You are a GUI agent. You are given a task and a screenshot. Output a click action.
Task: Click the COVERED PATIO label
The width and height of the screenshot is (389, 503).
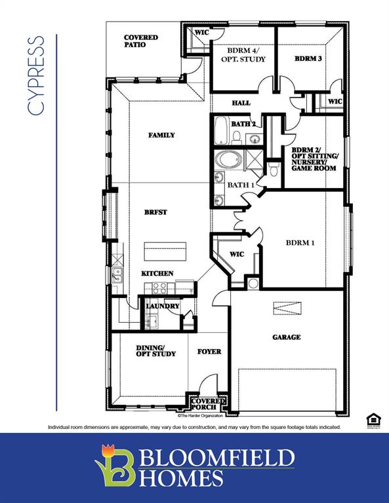click(x=140, y=41)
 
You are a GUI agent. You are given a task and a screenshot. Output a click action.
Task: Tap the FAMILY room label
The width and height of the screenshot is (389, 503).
click(x=161, y=136)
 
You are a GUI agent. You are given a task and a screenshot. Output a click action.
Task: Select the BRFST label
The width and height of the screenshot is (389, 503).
click(x=156, y=212)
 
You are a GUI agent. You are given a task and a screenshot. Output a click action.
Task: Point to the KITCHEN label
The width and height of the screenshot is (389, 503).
click(x=157, y=273)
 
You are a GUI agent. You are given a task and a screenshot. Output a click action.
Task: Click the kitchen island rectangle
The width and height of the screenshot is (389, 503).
click(x=166, y=251)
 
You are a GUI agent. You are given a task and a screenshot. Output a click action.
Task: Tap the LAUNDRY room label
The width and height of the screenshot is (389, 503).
click(x=163, y=306)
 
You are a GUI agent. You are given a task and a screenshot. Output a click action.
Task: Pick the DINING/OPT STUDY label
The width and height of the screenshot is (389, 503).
click(x=155, y=351)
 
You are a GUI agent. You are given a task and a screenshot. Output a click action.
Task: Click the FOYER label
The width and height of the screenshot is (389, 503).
click(x=209, y=352)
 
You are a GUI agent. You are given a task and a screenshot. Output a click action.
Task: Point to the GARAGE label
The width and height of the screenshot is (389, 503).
click(x=287, y=337)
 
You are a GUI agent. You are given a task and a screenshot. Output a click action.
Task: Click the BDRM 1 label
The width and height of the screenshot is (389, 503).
click(x=300, y=243)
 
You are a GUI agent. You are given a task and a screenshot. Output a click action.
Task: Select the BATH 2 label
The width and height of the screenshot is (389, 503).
click(x=243, y=124)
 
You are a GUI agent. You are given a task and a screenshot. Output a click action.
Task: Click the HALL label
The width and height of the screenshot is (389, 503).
click(x=241, y=103)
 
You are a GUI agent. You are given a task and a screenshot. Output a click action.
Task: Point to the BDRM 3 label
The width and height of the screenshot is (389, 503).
click(x=308, y=59)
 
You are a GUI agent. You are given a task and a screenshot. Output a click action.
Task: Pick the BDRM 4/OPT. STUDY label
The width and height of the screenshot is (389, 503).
click(x=247, y=55)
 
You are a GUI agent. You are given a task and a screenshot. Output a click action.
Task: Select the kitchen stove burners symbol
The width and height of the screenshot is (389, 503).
click(x=160, y=286)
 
